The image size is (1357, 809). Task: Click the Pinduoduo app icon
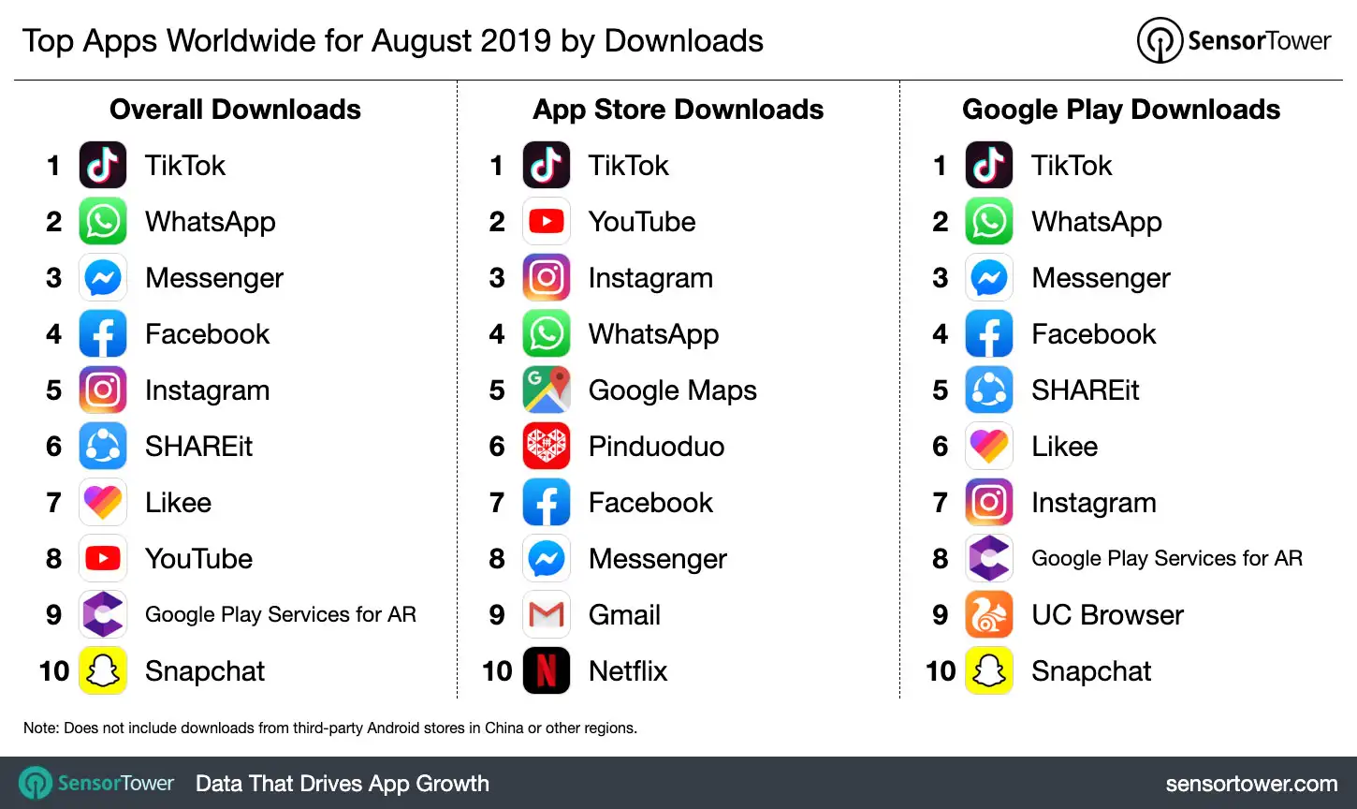[x=547, y=447]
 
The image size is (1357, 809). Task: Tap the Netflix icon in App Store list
[x=547, y=671]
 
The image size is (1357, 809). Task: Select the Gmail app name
[x=624, y=615]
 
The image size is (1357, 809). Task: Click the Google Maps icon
[x=547, y=390]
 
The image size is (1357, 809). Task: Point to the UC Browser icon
[x=989, y=615]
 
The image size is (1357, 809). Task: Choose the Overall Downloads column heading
[x=235, y=110]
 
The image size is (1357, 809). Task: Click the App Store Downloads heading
[x=678, y=110]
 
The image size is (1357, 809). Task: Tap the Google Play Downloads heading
[x=1121, y=110]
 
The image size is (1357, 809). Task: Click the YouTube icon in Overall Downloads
[x=103, y=559]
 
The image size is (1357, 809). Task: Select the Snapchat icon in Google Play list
[x=989, y=671]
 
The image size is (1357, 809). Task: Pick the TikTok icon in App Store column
[x=547, y=166]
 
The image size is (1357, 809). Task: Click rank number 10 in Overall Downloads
[x=54, y=671]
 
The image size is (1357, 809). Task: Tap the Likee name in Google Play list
[x=1064, y=447]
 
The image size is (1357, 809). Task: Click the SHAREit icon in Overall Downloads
[x=103, y=447]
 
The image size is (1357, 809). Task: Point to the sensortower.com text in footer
[x=1251, y=784]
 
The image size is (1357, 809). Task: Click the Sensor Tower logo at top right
[x=1233, y=41]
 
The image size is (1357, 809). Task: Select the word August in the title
[x=446, y=41]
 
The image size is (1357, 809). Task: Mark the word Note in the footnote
[x=40, y=728]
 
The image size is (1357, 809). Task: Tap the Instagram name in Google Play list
[x=1093, y=503]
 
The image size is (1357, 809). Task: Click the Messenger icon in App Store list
[x=547, y=559]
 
